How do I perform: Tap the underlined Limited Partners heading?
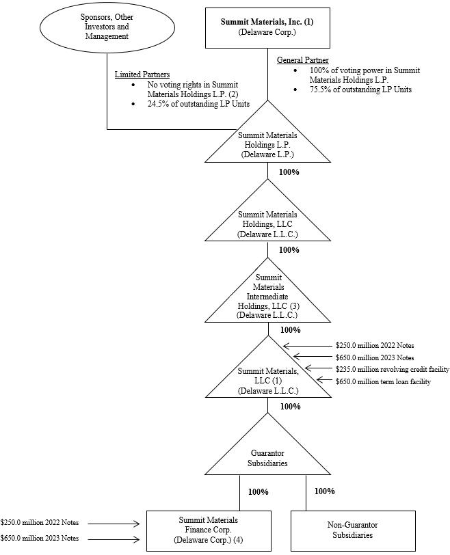click(x=142, y=75)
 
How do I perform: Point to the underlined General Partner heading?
click(x=302, y=60)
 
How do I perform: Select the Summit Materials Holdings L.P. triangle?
click(x=267, y=144)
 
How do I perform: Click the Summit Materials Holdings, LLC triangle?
click(x=267, y=223)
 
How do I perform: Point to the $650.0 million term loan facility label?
click(x=383, y=381)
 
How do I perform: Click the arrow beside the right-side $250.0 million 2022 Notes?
click(x=307, y=346)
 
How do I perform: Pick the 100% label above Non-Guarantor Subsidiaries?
click(x=324, y=491)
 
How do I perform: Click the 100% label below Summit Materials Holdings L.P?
click(x=289, y=172)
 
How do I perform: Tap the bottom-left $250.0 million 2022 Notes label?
click(x=39, y=524)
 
